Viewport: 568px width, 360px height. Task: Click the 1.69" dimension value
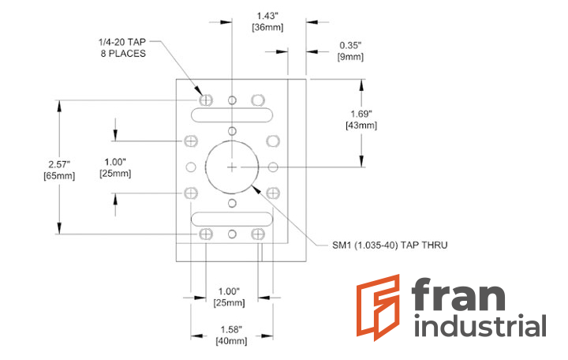(364, 114)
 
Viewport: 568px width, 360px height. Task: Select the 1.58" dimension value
(231, 329)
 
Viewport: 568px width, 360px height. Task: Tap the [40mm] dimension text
(231, 341)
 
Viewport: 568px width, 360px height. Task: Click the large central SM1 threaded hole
(231, 167)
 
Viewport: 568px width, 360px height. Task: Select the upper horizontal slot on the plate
(231, 115)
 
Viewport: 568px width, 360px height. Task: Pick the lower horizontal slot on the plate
(231, 218)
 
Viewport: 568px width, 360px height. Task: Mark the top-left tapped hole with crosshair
(206, 100)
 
